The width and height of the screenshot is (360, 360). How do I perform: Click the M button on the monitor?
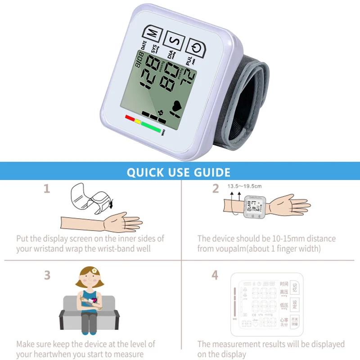point(153,32)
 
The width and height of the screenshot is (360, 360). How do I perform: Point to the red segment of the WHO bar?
point(130,118)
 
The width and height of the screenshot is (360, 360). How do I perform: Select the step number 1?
point(46,189)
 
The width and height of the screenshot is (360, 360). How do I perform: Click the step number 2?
point(216,189)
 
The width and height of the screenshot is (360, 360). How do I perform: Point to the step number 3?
point(47,275)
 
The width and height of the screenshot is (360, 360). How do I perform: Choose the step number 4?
point(215,275)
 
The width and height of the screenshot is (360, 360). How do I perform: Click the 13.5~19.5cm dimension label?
point(244,186)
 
